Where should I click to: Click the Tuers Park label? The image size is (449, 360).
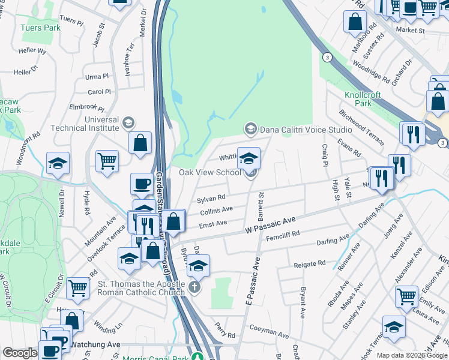(40, 28)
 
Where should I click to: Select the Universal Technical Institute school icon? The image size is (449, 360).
(128, 123)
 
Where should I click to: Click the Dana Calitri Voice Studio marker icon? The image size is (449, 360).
(250, 128)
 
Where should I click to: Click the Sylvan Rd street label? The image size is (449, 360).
(211, 197)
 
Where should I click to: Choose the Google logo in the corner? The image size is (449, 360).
(20, 353)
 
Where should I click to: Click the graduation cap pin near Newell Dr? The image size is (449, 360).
(58, 163)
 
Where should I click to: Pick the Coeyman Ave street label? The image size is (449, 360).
(270, 331)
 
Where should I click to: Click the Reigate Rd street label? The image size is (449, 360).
(309, 264)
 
